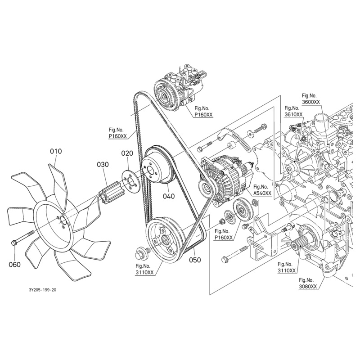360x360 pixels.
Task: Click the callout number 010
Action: click(56, 152)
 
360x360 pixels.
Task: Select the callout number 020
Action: click(127, 153)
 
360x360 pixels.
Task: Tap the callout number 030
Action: click(103, 165)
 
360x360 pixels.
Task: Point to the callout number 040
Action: click(169, 196)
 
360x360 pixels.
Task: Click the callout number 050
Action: click(195, 260)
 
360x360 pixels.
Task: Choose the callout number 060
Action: click(14, 265)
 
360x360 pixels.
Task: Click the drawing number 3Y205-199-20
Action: click(42, 290)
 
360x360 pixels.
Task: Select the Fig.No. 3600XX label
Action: click(310, 99)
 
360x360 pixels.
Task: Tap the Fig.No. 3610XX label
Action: click(293, 111)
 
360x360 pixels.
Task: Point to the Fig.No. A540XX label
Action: click(262, 190)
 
